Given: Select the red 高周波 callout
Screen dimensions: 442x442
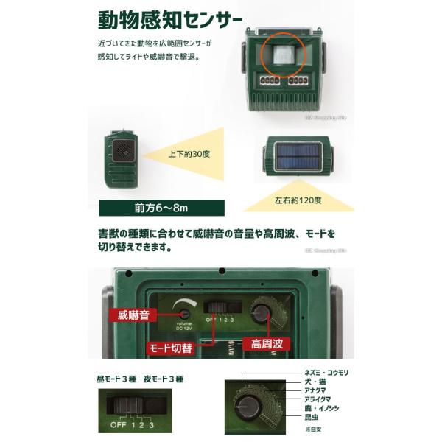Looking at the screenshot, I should (x=266, y=343).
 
